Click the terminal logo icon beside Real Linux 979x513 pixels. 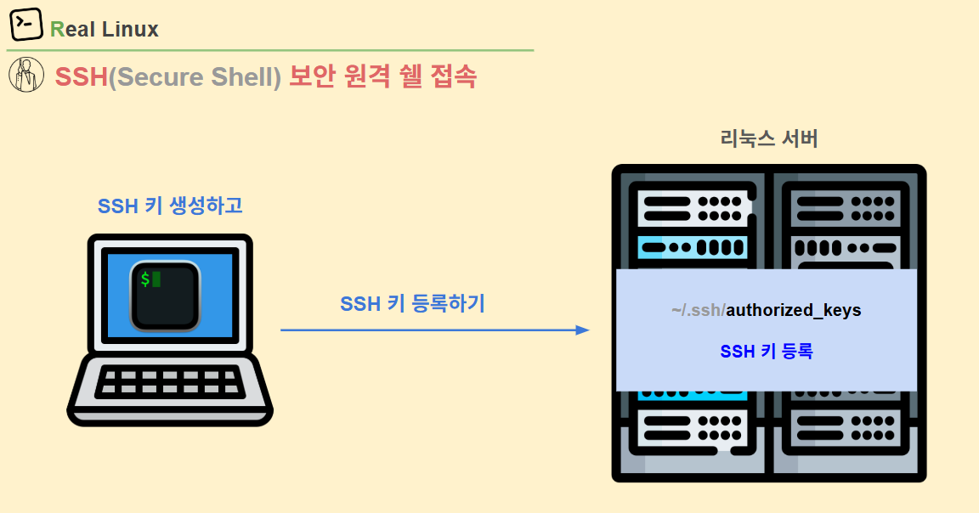tap(26, 25)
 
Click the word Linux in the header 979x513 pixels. tap(130, 30)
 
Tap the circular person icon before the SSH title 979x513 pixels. tap(26, 76)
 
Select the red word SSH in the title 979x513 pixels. tap(82, 77)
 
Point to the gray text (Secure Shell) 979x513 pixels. tap(195, 77)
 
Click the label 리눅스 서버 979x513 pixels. tap(768, 138)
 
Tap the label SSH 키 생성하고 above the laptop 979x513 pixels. tap(170, 206)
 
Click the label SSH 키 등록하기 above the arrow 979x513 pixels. tap(412, 303)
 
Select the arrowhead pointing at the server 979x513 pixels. tap(582, 330)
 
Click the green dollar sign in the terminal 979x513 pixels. tap(145, 279)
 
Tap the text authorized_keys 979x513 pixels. tap(794, 310)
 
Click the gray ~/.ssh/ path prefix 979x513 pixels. tap(698, 310)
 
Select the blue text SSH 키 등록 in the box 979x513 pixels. tap(767, 351)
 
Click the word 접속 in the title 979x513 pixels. tap(453, 76)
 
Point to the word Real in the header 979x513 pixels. tap(73, 30)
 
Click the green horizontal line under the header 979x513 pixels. tap(272, 50)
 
